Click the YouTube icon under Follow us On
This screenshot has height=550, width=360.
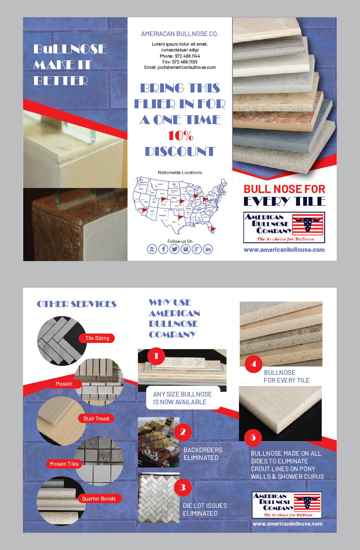click(152, 249)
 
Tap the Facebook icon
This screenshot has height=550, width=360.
click(163, 249)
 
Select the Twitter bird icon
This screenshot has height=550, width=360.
click(174, 249)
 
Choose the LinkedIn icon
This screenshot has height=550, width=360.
click(208, 249)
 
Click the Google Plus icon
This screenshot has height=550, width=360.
click(197, 249)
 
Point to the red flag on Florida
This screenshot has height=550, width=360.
click(213, 229)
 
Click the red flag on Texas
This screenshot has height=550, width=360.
click(180, 217)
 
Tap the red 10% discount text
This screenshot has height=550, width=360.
click(180, 136)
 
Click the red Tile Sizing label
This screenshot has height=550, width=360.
click(97, 338)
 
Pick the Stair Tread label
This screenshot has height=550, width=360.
click(96, 418)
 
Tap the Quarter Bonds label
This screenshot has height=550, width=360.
click(99, 499)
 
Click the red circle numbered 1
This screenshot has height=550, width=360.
click(156, 356)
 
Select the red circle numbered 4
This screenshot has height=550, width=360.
click(253, 364)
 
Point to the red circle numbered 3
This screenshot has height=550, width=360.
click(183, 488)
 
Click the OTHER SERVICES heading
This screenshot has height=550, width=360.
click(77, 304)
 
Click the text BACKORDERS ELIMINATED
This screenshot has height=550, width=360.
click(203, 454)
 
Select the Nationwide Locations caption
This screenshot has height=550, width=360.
click(180, 173)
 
